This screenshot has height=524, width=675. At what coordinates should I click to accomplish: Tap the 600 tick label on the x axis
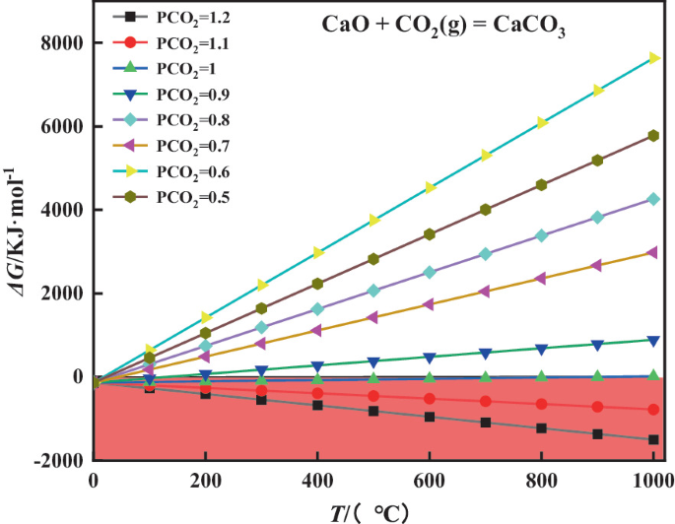[429, 480]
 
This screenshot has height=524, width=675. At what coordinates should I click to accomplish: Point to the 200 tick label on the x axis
[205, 480]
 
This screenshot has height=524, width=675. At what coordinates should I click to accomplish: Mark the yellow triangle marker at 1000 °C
[653, 58]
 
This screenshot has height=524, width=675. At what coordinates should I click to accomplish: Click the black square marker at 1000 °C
[653, 440]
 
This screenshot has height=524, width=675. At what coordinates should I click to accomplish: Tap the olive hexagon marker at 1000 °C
[653, 136]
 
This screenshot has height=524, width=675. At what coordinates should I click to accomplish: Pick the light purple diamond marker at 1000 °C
[653, 199]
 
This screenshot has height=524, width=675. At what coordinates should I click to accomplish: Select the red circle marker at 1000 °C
[653, 410]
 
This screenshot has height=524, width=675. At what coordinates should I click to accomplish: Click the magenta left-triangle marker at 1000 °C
[653, 252]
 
